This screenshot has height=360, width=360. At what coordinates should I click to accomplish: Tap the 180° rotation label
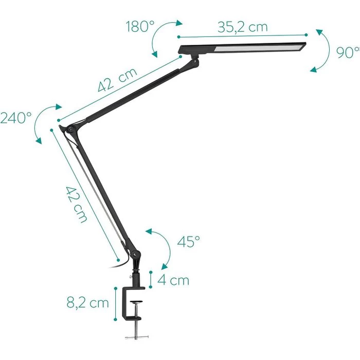pos(140,27)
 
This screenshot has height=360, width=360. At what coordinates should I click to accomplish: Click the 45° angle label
pos(188,242)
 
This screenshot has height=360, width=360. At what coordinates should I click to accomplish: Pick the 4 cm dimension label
pos(173,280)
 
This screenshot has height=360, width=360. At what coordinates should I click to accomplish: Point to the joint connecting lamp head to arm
pos(194,61)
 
